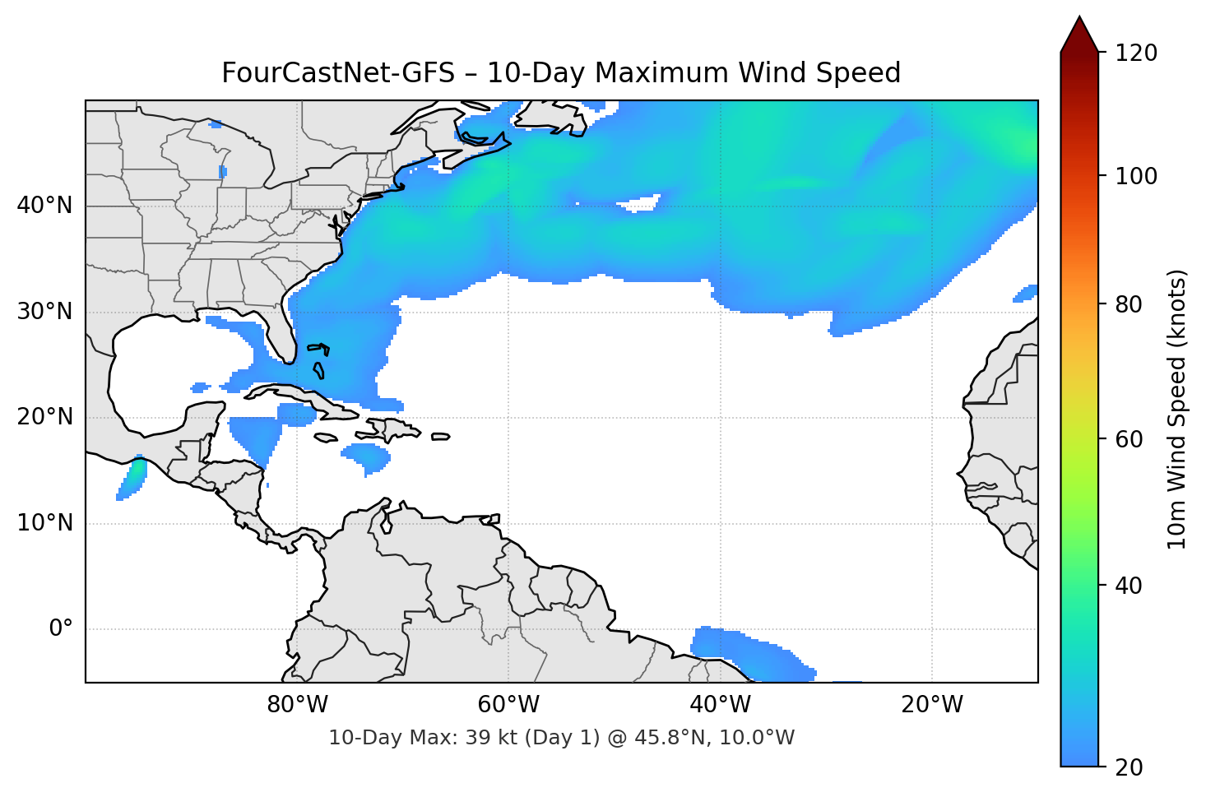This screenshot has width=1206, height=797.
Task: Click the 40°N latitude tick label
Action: click(44, 206)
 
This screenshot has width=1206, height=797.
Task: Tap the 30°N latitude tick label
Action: click(44, 312)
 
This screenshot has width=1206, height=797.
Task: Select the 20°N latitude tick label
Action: click(44, 417)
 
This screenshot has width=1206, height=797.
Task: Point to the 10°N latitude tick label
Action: click(44, 523)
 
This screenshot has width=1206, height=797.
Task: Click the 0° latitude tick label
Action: click(61, 629)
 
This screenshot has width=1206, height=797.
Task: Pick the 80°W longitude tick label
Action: click(297, 705)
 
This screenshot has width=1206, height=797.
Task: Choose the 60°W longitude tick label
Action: click(508, 705)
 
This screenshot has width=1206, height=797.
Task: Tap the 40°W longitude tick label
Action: click(721, 705)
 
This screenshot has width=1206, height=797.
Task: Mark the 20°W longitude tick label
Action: click(932, 705)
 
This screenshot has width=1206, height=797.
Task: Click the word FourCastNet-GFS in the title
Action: click(337, 73)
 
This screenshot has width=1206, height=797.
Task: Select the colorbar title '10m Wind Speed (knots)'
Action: click(1177, 409)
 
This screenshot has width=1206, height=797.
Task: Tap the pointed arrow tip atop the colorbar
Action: click(1079, 20)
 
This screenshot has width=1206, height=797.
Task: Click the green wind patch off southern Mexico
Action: click(134, 474)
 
